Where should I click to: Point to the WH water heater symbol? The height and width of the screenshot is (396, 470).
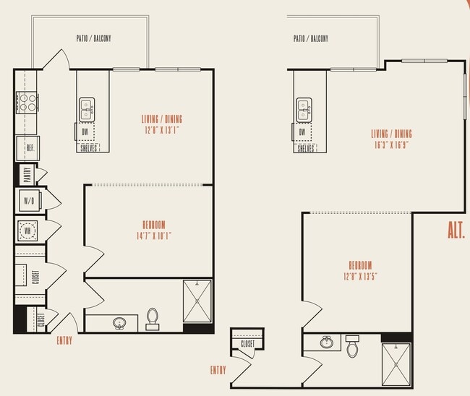click(x=27, y=231)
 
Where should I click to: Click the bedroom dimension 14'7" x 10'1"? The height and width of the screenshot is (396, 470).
click(x=153, y=236)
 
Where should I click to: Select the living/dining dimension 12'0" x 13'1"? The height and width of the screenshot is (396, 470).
click(x=161, y=130)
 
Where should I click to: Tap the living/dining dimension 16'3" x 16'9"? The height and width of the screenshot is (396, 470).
click(x=391, y=144)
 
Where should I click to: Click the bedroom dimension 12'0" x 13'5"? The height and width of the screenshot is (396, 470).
click(x=359, y=275)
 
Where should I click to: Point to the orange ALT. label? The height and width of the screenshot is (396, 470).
click(x=456, y=231)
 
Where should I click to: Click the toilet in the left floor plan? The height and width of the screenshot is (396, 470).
click(x=153, y=319)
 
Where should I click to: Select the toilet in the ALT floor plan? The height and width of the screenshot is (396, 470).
click(x=352, y=347)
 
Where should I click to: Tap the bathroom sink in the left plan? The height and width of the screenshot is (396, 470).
click(x=119, y=323)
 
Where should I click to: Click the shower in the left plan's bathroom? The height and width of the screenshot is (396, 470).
click(x=197, y=301)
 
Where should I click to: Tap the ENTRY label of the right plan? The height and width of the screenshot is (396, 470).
click(x=218, y=370)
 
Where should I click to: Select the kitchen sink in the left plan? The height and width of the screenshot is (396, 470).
click(x=87, y=109)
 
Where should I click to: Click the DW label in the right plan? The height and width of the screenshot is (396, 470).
click(x=302, y=132)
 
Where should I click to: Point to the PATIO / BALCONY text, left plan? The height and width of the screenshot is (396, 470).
click(x=93, y=38)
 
